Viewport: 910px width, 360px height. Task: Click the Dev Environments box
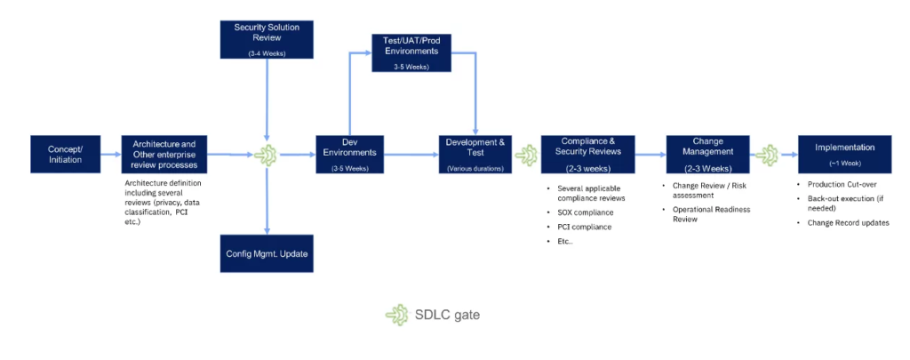349,154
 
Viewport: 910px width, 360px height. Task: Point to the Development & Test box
477,154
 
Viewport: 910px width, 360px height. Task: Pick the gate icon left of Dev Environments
265,155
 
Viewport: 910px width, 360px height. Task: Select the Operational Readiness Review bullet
711,213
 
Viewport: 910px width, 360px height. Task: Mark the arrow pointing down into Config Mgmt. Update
265,204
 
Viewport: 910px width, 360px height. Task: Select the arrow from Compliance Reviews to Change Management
651,155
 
